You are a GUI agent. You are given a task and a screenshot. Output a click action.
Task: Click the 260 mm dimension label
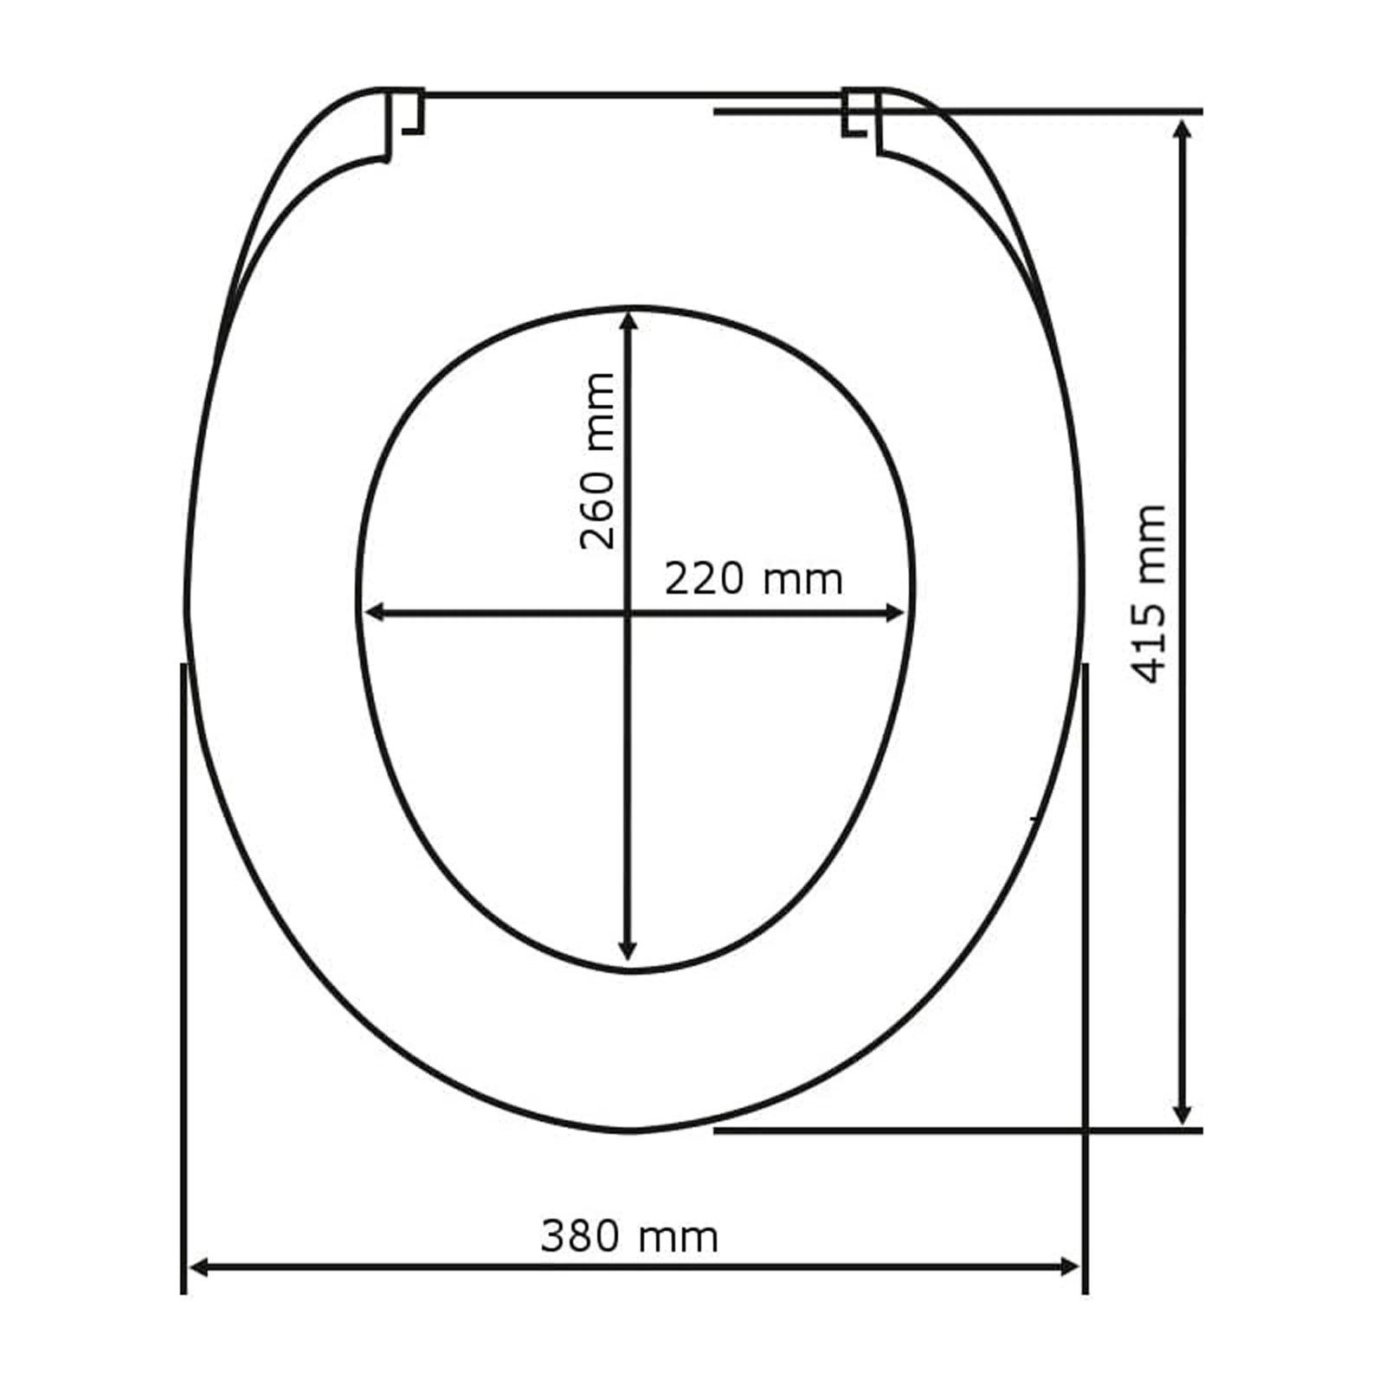tap(597, 461)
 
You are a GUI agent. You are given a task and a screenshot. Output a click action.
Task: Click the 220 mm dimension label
tap(753, 579)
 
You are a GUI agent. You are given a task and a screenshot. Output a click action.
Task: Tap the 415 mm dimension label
tap(1150, 594)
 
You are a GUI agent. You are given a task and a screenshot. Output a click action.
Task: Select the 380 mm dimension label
tap(629, 1237)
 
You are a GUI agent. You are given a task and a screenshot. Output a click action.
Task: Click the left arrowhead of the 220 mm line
tap(376, 613)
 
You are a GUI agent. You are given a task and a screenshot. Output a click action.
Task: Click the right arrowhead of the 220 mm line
tap(893, 613)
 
